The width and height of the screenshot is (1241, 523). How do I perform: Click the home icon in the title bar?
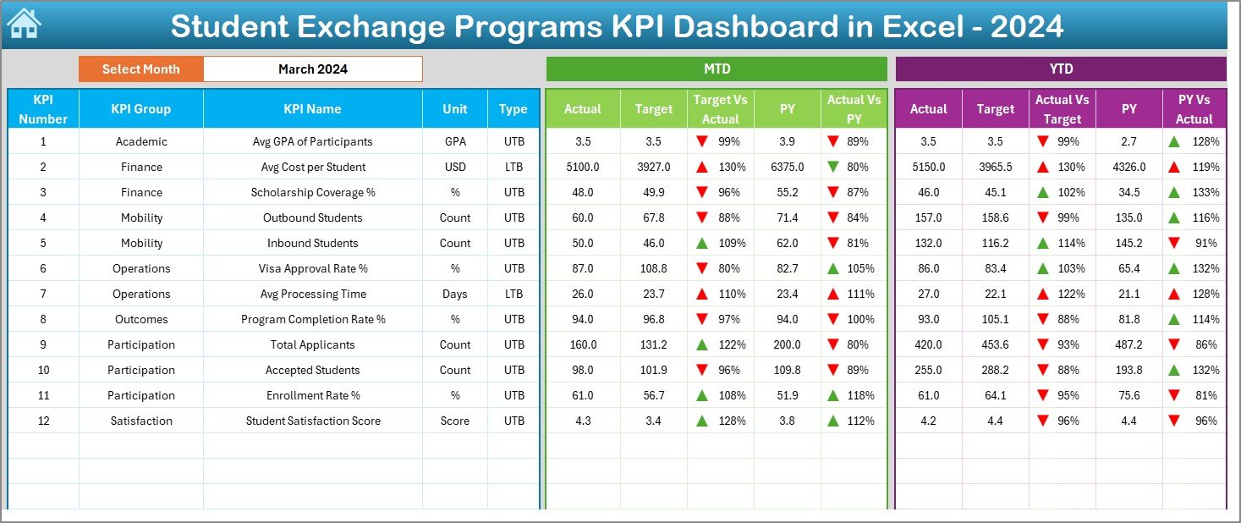point(24,25)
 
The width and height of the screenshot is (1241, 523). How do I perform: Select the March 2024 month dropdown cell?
point(312,69)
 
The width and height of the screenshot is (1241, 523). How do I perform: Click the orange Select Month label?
point(140,69)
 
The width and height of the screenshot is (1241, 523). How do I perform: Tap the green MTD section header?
point(716,69)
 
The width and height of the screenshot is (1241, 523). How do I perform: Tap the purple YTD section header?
point(1060,69)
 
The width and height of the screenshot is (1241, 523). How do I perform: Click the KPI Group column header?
point(140,109)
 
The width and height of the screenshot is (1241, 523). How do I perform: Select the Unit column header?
point(454,109)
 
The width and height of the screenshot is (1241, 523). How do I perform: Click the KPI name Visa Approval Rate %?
point(312,268)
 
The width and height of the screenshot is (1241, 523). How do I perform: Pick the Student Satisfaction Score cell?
point(312,421)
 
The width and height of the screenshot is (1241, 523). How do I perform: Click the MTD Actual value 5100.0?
point(582,167)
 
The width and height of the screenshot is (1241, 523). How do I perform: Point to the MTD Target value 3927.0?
point(653,167)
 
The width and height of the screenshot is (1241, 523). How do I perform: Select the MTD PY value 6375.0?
point(787,167)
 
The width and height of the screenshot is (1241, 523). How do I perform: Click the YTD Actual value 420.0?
point(928,344)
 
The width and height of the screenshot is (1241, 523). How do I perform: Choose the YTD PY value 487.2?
point(1128,344)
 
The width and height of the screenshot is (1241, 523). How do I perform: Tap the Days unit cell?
point(454,294)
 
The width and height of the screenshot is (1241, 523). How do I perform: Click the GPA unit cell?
point(454,141)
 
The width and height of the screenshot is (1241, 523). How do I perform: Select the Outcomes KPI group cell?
point(140,319)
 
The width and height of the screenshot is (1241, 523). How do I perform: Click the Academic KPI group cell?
point(140,141)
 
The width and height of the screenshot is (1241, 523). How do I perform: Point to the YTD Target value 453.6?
point(995,344)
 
